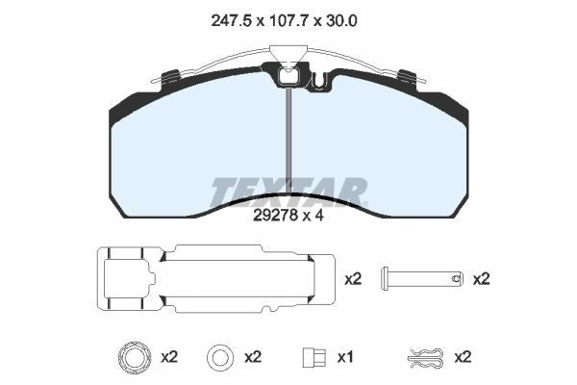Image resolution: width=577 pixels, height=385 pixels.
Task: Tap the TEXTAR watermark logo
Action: tap(288, 192)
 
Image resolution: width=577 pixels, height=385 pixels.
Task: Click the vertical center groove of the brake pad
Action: tap(288, 144)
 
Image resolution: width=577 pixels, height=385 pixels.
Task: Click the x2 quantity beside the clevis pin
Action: tap(481, 279)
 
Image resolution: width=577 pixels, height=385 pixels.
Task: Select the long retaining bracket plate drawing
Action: tap(216, 279)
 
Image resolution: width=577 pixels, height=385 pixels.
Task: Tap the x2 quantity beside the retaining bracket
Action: tap(353, 279)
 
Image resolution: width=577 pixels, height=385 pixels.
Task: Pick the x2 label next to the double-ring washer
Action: tap(169, 357)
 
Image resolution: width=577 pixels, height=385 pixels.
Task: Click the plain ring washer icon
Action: tap(220, 357)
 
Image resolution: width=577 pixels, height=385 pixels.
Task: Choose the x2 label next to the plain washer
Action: tap(253, 357)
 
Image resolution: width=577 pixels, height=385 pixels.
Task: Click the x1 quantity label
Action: tap(346, 357)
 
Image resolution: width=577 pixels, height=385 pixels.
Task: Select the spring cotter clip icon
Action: tap(424, 357)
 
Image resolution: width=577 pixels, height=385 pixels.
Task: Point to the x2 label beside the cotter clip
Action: tap(463, 357)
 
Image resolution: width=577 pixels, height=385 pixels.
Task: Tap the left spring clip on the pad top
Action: tap(171, 76)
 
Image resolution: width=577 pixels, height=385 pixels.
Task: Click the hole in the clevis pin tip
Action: tap(455, 279)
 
